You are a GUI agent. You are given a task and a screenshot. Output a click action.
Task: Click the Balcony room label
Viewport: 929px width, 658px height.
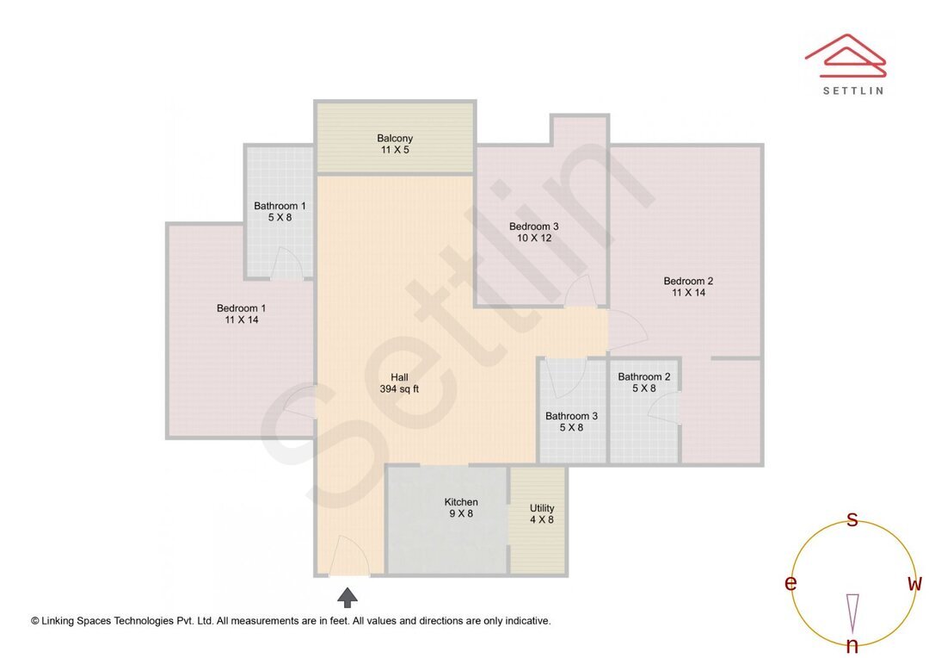click(395, 144)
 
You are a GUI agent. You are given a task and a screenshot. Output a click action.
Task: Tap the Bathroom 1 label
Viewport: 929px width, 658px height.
click(280, 212)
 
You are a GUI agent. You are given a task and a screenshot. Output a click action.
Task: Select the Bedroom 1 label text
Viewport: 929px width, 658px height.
click(241, 313)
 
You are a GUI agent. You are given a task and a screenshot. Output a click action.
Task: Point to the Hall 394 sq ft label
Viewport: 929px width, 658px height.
click(399, 383)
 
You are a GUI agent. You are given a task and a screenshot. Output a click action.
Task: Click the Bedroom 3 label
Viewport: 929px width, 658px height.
click(533, 233)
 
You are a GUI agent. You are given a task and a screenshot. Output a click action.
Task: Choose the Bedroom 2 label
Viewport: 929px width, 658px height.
click(688, 287)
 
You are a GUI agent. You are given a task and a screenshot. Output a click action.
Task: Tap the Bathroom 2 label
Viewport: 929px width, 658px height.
click(643, 382)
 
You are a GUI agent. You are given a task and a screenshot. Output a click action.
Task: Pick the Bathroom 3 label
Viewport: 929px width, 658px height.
click(571, 421)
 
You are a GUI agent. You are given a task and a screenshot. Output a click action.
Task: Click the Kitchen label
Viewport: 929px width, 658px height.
click(461, 508)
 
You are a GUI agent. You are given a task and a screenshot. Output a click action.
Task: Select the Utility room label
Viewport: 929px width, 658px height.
click(542, 513)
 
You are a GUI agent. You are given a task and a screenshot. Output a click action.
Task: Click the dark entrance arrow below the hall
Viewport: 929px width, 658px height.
click(348, 597)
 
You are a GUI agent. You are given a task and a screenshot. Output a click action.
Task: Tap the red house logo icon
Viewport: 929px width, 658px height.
click(846, 54)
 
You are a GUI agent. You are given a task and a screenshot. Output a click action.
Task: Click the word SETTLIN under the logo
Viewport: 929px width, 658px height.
click(852, 90)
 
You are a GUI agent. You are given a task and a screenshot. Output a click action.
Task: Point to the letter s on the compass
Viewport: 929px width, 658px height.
click(852, 519)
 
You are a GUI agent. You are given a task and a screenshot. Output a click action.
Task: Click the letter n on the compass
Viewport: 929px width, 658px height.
click(852, 646)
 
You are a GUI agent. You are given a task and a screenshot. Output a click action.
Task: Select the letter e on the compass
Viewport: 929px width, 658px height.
click(791, 584)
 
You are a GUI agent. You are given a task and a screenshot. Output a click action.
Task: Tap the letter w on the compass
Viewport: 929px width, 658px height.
click(914, 584)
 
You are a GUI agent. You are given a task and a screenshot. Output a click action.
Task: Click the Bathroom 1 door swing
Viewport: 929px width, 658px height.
click(286, 264)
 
